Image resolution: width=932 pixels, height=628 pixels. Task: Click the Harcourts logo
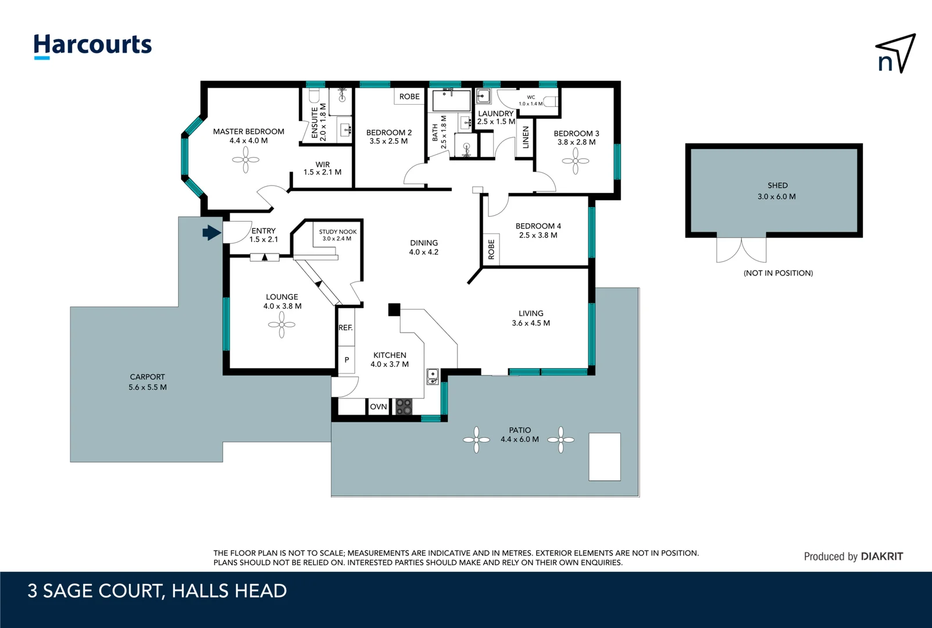pos(92,45)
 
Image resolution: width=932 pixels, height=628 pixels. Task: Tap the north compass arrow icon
pos(896,53)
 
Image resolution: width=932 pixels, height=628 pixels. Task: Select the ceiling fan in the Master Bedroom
pos(246,159)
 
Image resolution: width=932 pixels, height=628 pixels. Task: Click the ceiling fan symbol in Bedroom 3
pos(576,161)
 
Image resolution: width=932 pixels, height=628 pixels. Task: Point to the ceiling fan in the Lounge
pos(282,324)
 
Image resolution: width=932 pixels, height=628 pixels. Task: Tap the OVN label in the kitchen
pos(378,407)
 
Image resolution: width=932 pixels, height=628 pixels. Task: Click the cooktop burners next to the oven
pos(403,406)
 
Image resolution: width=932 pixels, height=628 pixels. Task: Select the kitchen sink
pos(432,376)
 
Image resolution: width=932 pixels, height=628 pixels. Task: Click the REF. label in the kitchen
pos(345,328)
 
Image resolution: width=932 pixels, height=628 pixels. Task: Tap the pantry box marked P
pos(347,360)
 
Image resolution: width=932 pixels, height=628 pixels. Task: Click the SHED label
pos(777,185)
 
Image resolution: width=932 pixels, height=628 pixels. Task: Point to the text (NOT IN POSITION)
pos(778,273)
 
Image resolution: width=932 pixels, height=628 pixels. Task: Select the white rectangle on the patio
pos(604,456)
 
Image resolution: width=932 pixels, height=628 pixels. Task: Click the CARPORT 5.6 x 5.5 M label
pos(148,382)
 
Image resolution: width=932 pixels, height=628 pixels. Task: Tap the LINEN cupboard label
pos(526,137)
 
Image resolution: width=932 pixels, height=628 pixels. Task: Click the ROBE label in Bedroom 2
pos(409,97)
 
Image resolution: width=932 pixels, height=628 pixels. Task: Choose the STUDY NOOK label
pos(337,231)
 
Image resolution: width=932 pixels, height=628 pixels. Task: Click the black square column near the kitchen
pos(394,310)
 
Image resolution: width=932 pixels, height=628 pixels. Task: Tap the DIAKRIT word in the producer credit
pos(881,556)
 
